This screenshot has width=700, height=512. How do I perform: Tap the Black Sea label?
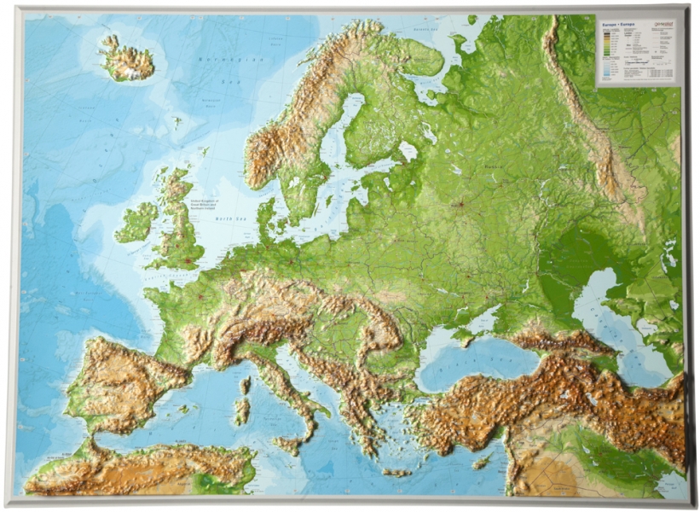coord(460,364)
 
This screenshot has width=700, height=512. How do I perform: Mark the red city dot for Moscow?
coord(461,205)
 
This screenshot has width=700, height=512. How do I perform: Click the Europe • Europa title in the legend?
coord(616,26)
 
